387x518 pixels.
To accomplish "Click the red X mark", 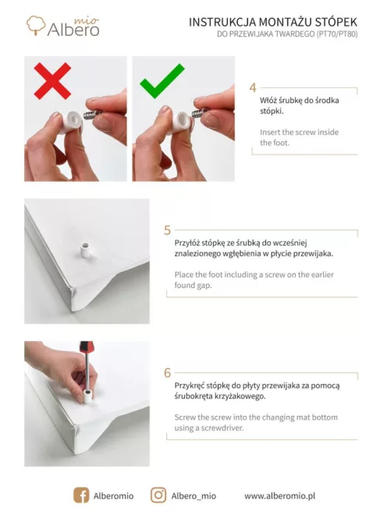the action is (x=52, y=81).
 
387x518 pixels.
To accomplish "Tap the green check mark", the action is (x=162, y=82).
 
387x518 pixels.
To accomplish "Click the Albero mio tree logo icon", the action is (x=35, y=25).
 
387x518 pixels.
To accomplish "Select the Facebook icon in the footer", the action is (x=81, y=495).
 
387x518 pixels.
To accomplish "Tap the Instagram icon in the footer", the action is (x=158, y=495).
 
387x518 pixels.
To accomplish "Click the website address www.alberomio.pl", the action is (x=279, y=496).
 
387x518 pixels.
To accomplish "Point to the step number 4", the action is (x=253, y=88).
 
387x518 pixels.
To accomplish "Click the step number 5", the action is (x=167, y=230).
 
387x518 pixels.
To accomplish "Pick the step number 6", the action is (x=167, y=373).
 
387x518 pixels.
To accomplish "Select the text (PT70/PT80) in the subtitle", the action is (x=337, y=34).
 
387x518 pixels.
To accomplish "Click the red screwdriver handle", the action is (x=87, y=347).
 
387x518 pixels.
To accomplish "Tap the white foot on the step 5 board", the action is (x=85, y=250).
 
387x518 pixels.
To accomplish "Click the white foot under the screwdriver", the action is (x=87, y=396).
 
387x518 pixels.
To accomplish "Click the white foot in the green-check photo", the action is (x=180, y=121).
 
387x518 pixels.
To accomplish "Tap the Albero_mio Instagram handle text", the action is (x=193, y=496).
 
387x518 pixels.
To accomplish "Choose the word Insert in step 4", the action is (x=270, y=132).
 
